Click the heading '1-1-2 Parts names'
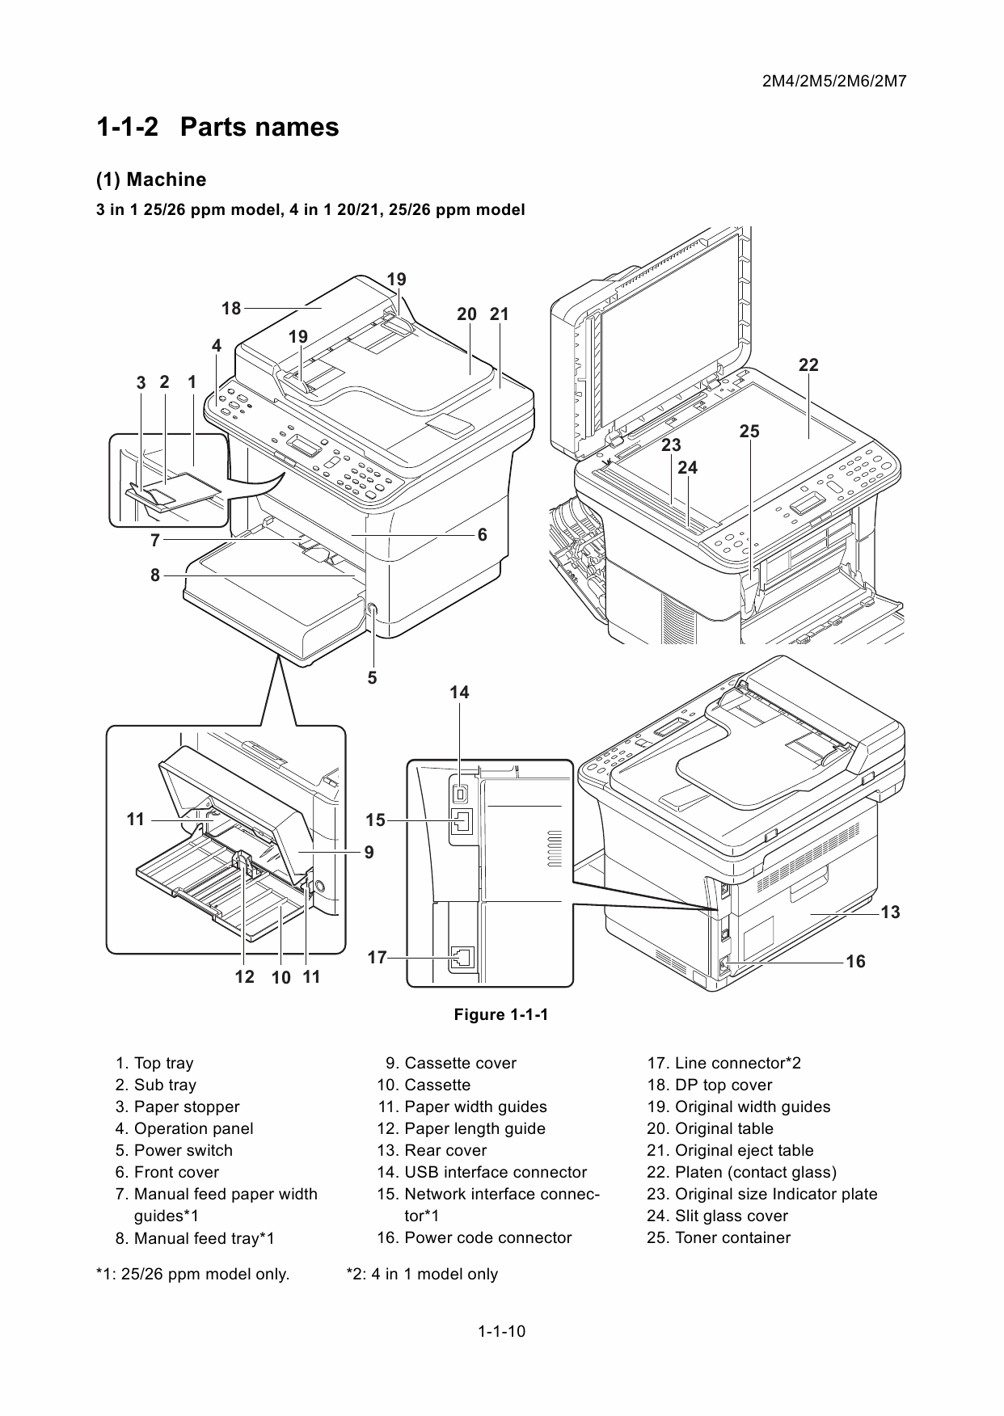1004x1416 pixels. (x=217, y=127)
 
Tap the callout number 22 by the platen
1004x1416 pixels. (x=808, y=365)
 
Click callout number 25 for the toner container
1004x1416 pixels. (x=749, y=432)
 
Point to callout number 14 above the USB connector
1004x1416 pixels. (x=459, y=693)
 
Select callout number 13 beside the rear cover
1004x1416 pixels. (x=889, y=912)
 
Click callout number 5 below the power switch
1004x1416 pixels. (x=372, y=678)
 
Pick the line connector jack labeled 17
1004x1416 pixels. (x=460, y=958)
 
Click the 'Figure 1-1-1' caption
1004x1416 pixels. (x=501, y=1014)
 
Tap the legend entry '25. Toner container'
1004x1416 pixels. (x=719, y=1237)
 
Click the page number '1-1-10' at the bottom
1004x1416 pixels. (x=501, y=1331)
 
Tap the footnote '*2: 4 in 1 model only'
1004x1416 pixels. (x=422, y=1274)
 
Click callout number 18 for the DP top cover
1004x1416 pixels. (x=231, y=308)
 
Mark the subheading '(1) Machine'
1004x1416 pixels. (x=151, y=179)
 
